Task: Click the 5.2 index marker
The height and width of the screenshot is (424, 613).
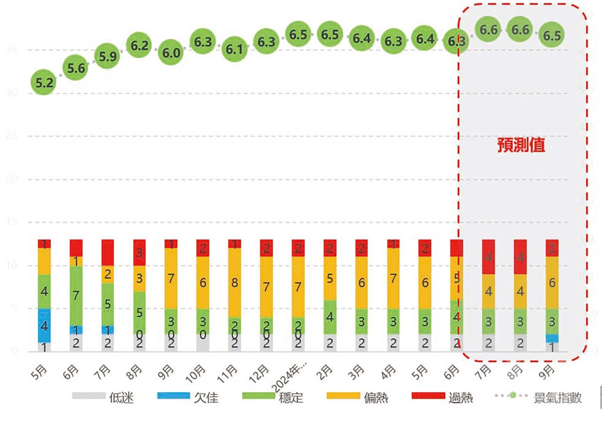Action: (44, 82)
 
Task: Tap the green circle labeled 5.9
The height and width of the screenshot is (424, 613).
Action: (108, 56)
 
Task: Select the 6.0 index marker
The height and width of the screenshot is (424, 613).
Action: (171, 52)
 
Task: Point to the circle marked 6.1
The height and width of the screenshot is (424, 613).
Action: (234, 49)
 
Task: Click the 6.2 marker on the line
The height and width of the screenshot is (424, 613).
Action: (139, 46)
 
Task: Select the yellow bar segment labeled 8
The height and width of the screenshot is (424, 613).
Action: (234, 282)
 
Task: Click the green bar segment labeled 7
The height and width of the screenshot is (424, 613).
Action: (76, 295)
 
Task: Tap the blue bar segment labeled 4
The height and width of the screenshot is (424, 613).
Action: (44, 326)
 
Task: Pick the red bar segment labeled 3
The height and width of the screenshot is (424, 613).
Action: (139, 253)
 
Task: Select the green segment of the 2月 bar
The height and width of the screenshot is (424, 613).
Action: (330, 317)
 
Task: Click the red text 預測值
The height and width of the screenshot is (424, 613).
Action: (521, 145)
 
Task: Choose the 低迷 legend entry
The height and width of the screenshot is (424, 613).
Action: (121, 398)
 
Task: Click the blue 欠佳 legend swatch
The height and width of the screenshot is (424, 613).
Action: (173, 396)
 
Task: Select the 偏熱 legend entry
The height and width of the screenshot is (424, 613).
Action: (375, 398)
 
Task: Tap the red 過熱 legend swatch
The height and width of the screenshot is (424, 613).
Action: (428, 396)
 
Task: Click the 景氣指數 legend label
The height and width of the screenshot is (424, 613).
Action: (557, 398)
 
